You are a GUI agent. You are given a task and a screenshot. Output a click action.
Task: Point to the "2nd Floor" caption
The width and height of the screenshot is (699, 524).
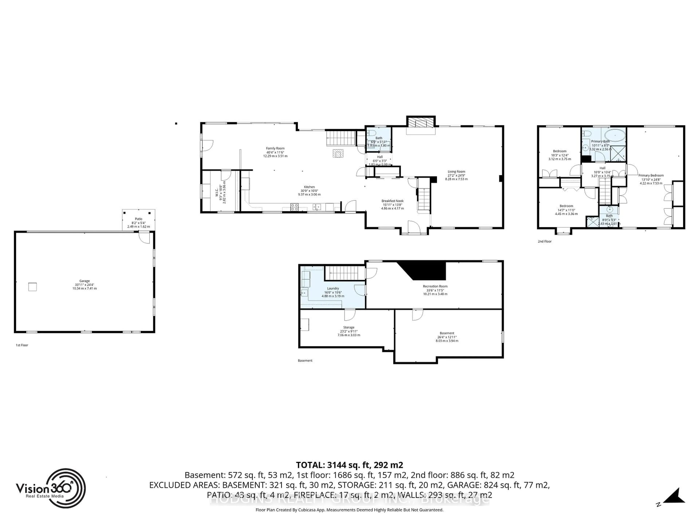544,241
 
